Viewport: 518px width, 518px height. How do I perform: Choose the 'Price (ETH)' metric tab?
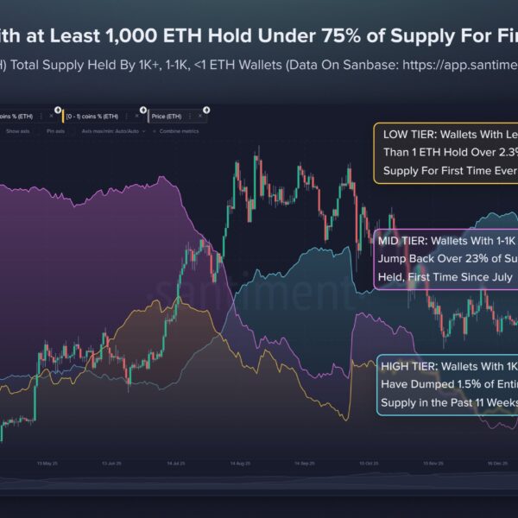coord(167,116)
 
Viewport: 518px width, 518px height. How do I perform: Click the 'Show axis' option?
coord(17,130)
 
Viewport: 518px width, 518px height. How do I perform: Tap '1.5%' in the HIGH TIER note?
coord(460,385)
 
